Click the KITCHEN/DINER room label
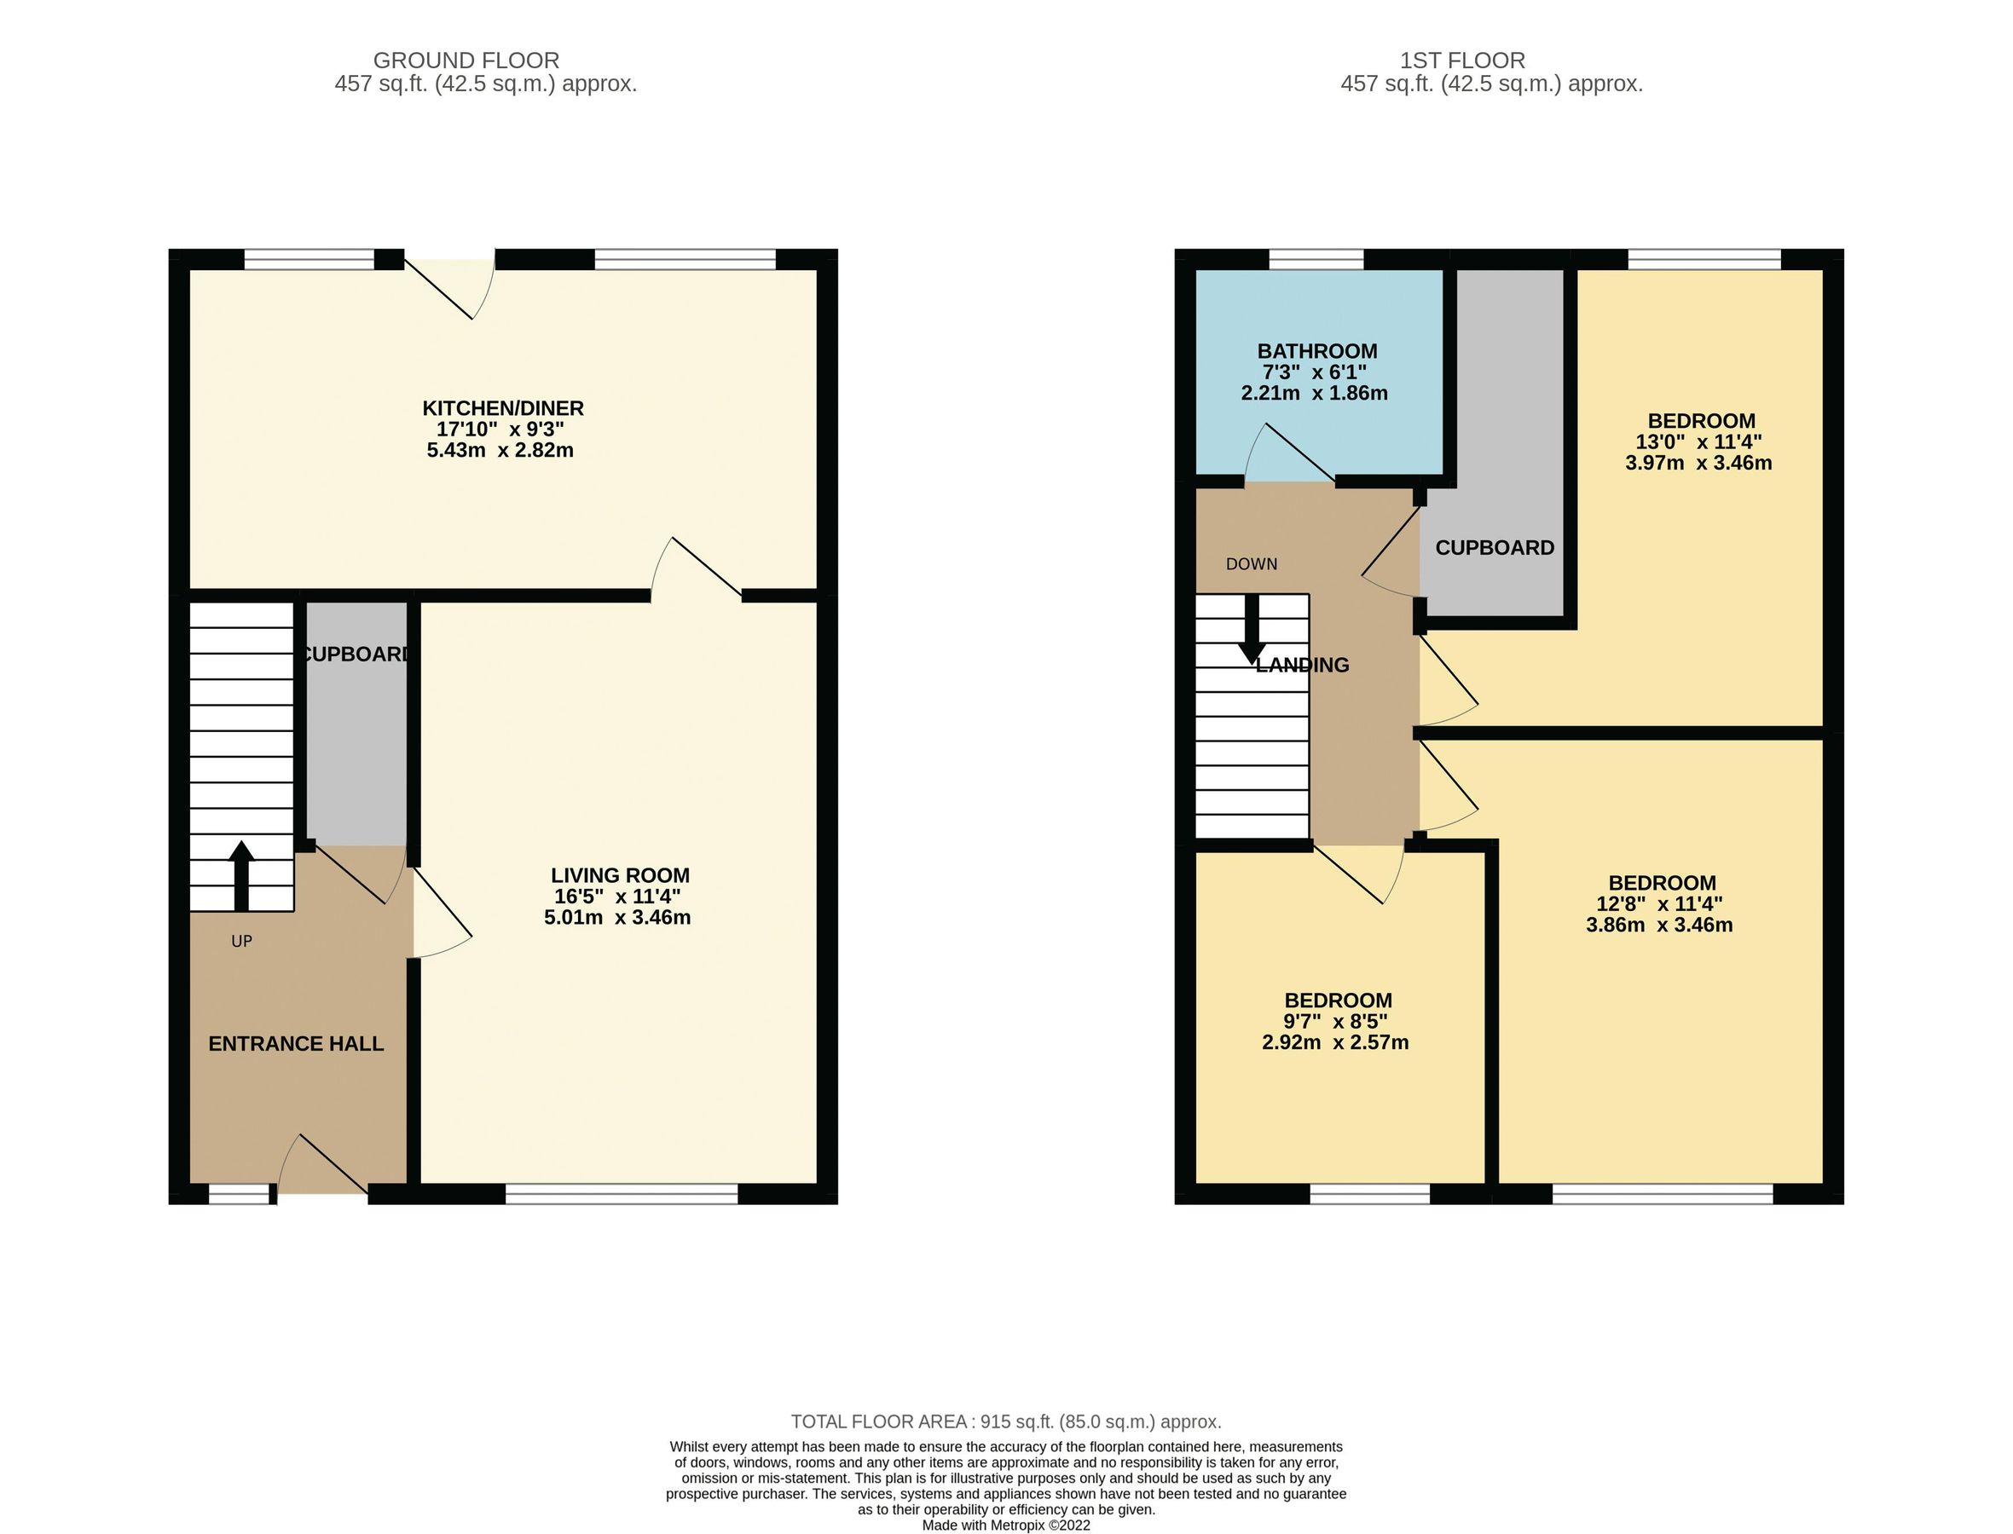[x=502, y=408]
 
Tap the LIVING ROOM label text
[x=620, y=874]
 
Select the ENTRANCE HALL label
[x=296, y=1044]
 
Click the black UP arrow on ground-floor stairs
[x=241, y=874]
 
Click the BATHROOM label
[x=1316, y=350]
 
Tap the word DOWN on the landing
[x=1252, y=564]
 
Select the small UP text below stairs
[x=241, y=942]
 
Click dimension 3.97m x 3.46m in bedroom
[x=1698, y=463]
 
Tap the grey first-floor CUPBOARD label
[x=1495, y=548]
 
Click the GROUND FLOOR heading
[x=466, y=61]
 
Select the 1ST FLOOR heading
[x=1462, y=61]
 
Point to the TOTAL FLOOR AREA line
[x=1005, y=1422]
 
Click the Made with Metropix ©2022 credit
[x=1005, y=1525]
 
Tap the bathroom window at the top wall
[x=1316, y=260]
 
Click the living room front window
[x=621, y=1193]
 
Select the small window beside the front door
[x=240, y=1193]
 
